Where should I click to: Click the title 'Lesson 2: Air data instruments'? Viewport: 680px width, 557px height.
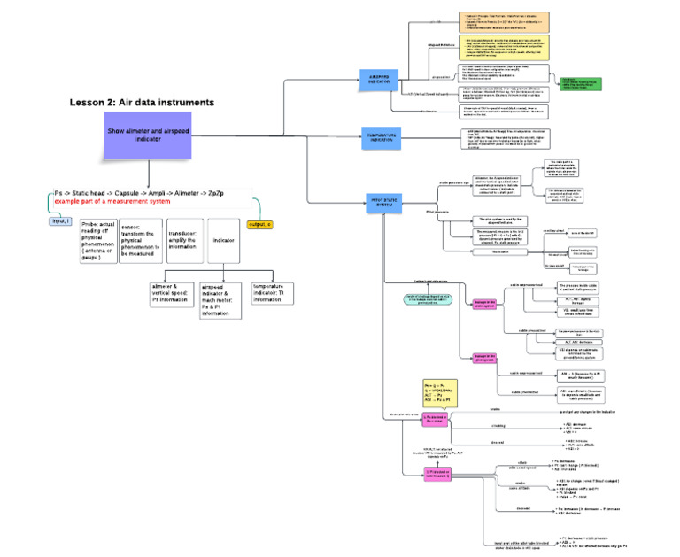point(142,103)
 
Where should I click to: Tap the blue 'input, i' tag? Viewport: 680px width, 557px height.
point(60,220)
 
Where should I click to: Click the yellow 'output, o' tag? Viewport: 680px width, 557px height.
point(260,224)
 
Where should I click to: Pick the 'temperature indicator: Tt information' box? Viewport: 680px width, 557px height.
point(272,293)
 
